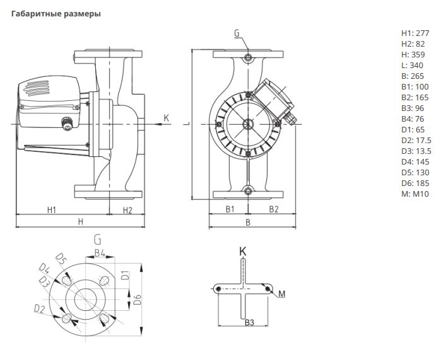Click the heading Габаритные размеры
(56, 14)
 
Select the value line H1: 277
(415, 33)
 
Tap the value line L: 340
(412, 65)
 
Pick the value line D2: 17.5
(416, 140)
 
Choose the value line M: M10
(415, 194)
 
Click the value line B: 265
(413, 76)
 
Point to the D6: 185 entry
(415, 183)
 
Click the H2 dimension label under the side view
(127, 210)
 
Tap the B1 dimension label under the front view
(230, 209)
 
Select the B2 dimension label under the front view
(274, 209)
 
